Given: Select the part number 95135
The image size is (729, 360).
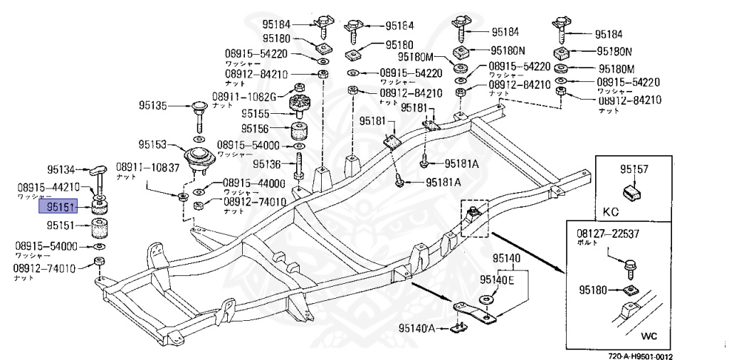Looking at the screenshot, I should (152, 106).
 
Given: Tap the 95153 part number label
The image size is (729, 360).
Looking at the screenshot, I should (152, 145).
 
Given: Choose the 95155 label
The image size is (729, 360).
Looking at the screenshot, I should (255, 113).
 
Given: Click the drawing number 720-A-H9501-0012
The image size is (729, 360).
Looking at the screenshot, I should (640, 356).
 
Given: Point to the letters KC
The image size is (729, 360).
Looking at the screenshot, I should (612, 212).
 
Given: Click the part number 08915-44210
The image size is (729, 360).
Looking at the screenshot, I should (48, 188).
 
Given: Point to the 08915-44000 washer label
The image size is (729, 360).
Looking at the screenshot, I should (254, 183).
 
